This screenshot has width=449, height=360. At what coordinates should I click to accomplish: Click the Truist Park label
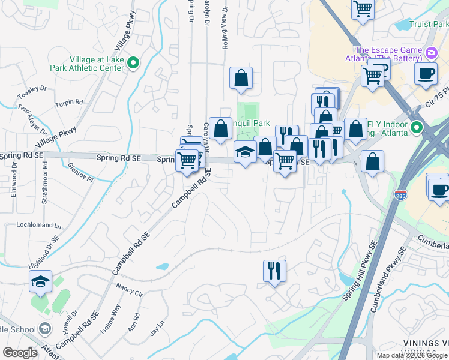(x=429, y=25)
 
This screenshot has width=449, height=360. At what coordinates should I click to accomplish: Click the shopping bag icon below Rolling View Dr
(x=241, y=78)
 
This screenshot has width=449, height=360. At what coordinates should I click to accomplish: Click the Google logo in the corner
(x=20, y=353)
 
